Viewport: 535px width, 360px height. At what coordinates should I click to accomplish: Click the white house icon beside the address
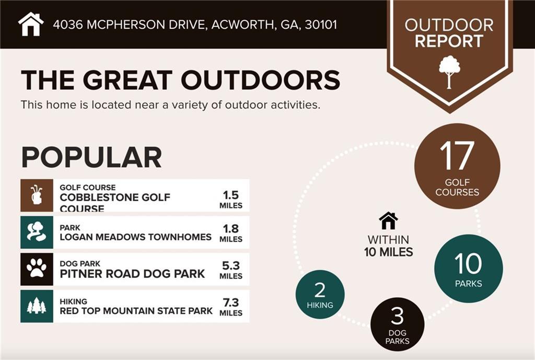pyautogui.click(x=31, y=24)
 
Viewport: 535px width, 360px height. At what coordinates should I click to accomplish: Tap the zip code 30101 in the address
pyautogui.click(x=321, y=25)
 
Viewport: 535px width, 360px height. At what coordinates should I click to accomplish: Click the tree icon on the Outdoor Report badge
pyautogui.click(x=449, y=72)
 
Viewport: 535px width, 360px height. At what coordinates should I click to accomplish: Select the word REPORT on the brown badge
pyautogui.click(x=449, y=41)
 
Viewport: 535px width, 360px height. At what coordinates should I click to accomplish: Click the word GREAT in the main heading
pyautogui.click(x=127, y=80)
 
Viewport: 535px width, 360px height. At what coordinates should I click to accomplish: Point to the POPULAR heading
pyautogui.click(x=91, y=157)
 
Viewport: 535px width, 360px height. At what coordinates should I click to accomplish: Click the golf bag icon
pyautogui.click(x=37, y=195)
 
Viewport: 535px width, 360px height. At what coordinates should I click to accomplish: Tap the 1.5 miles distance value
pyautogui.click(x=230, y=199)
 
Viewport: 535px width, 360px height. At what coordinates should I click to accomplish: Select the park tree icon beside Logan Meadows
pyautogui.click(x=37, y=232)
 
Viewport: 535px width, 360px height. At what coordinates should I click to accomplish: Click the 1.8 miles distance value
pyautogui.click(x=230, y=233)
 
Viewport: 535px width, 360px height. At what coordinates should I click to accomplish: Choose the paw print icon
pyautogui.click(x=37, y=268)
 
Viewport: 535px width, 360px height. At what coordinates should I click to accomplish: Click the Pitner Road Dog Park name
pyautogui.click(x=132, y=274)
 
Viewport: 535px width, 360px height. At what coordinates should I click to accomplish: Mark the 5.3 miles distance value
pyautogui.click(x=230, y=270)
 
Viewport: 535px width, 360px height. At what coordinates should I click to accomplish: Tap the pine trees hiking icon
pyautogui.click(x=37, y=306)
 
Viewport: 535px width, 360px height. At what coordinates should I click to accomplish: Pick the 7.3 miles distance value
pyautogui.click(x=230, y=307)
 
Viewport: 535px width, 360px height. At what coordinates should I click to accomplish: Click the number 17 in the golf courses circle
pyautogui.click(x=457, y=156)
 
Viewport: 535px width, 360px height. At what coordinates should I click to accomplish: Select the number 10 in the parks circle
pyautogui.click(x=468, y=264)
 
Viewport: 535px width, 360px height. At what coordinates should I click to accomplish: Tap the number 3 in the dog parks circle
pyautogui.click(x=397, y=316)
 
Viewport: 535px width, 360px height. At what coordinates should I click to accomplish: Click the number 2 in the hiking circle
pyautogui.click(x=320, y=291)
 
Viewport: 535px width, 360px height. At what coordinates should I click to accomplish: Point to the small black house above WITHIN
pyautogui.click(x=388, y=221)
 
